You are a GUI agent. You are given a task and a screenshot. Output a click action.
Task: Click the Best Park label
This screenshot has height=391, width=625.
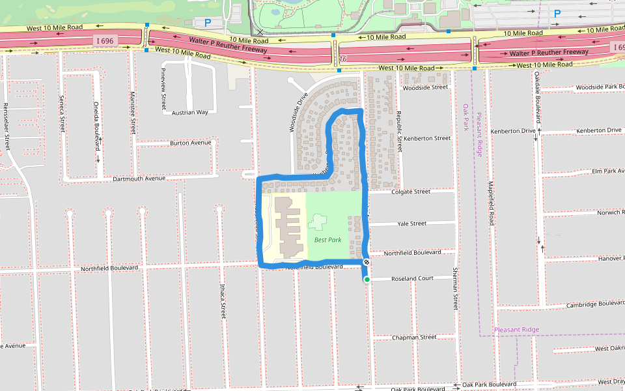tap(327, 240)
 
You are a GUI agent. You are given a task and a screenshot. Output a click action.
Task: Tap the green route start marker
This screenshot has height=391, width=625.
tap(367, 280)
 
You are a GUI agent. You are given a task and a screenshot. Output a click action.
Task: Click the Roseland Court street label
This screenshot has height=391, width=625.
tap(412, 278)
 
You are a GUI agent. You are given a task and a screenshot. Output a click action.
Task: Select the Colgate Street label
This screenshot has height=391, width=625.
tap(411, 192)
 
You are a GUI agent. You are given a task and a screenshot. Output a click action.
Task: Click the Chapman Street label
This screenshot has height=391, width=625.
tap(414, 338)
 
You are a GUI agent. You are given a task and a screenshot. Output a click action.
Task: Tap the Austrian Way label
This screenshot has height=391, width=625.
tap(189, 112)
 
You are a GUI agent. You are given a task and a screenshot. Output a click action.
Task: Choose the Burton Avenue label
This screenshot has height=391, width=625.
tap(191, 143)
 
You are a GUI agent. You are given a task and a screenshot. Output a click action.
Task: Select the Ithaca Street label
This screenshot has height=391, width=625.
tap(223, 300)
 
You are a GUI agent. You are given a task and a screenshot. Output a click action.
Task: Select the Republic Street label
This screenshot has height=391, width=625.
tap(399, 131)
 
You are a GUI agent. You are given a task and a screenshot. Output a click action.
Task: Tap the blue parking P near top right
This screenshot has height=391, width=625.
tap(557, 13)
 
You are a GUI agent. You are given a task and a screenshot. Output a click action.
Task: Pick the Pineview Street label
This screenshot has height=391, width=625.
tap(163, 88)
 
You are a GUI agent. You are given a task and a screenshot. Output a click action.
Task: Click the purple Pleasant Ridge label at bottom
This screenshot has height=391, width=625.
tap(516, 330)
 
